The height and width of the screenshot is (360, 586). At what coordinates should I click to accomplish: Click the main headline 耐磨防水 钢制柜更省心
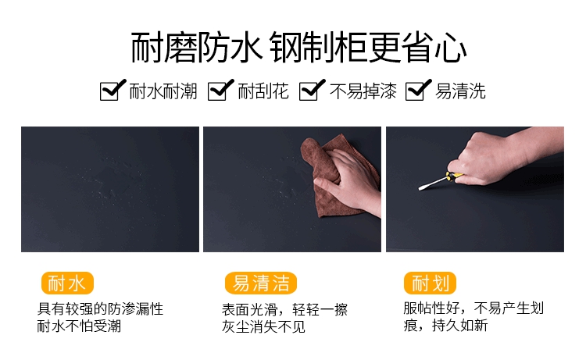298,48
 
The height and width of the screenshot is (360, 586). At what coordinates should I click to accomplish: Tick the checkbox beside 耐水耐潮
111,91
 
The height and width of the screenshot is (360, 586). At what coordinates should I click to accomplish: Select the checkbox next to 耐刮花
220,91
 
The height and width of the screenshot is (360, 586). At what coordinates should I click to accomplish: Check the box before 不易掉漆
310,91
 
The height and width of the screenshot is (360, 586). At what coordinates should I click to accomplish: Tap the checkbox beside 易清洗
416,91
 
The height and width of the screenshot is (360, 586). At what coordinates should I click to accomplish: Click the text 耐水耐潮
163,91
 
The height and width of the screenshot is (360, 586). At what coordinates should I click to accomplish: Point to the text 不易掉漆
363,91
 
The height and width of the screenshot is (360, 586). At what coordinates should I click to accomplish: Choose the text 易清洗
460,91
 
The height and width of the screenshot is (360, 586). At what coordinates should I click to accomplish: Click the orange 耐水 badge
67,283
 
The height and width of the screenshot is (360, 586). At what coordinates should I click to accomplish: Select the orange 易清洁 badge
261,283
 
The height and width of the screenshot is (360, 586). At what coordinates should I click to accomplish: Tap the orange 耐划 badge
431,283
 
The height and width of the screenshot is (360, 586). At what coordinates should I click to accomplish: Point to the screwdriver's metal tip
422,187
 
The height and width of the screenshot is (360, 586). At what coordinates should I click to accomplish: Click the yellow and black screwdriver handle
454,176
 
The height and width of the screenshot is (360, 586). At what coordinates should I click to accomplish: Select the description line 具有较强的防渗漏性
100,309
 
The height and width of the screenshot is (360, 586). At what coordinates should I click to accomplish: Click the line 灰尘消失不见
263,326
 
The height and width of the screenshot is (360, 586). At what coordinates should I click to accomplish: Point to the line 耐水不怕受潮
79,326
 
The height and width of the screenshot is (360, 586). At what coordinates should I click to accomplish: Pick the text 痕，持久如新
445,326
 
